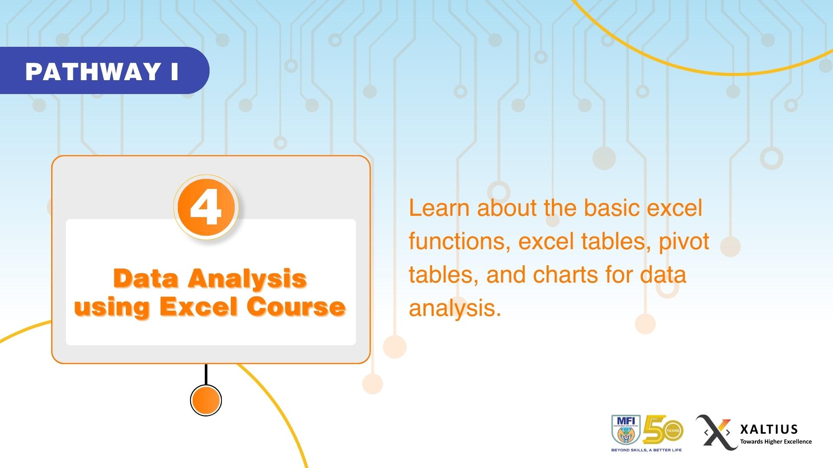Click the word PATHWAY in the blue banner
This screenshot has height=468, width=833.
pyautogui.click(x=92, y=71)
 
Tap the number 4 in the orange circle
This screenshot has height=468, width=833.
pyautogui.click(x=206, y=208)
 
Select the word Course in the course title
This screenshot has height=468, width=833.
pyautogui.click(x=296, y=306)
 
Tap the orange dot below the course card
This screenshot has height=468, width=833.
pyautogui.click(x=206, y=400)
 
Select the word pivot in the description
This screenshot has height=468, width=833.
pyautogui.click(x=684, y=242)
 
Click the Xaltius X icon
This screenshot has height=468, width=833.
pyautogui.click(x=716, y=432)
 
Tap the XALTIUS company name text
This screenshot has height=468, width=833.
pyautogui.click(x=769, y=429)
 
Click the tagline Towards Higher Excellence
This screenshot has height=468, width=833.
pyautogui.click(x=776, y=442)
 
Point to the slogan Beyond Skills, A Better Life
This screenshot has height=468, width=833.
pyautogui.click(x=646, y=450)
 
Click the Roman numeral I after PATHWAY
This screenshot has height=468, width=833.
pyautogui.click(x=174, y=71)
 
